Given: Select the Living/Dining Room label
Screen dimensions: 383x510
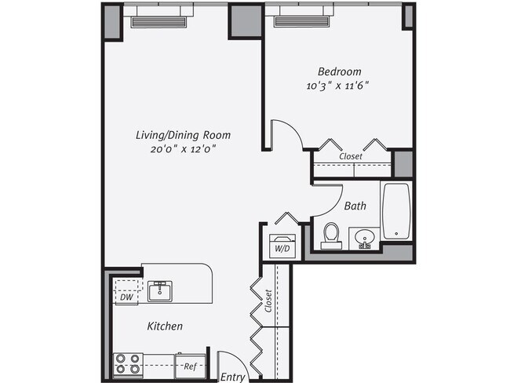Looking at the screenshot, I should point(182,135).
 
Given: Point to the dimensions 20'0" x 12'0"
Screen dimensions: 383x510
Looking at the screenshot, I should point(182,148).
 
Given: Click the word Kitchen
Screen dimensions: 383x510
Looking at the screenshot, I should point(165,326).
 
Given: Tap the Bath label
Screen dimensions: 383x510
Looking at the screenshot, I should point(355,206).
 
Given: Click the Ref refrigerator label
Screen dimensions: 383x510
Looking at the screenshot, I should point(189,366).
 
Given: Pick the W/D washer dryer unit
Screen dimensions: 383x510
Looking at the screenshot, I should point(282,245).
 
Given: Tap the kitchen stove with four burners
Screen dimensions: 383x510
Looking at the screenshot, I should point(129,364).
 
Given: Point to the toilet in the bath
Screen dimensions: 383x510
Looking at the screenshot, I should point(330,235).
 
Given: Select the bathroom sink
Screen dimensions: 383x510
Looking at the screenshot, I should point(363,238).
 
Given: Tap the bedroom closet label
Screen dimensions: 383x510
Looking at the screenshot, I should point(351,156).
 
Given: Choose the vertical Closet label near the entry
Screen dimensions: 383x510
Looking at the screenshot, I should point(268,301).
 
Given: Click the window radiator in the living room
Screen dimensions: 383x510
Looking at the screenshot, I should point(158,22).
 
